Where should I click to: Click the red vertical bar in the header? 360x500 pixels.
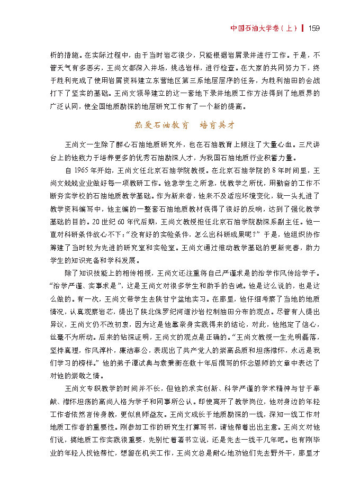pyautogui.click(x=303, y=28)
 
